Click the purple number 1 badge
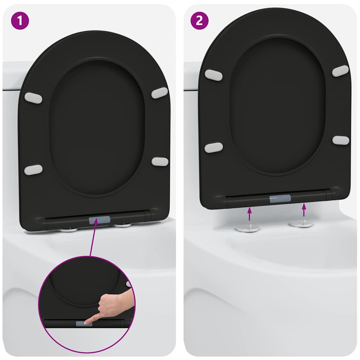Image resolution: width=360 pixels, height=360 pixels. pyautogui.click(x=20, y=20)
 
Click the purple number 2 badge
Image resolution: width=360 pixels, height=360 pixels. pyautogui.click(x=199, y=20)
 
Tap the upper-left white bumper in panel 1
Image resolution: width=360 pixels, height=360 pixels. pyautogui.click(x=33, y=98)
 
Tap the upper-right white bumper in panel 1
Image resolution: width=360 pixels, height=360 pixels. pyautogui.click(x=160, y=93)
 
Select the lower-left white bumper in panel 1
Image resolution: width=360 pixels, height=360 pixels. pyautogui.click(x=33, y=170)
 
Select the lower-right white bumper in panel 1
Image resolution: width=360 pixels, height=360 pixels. pyautogui.click(x=160, y=162)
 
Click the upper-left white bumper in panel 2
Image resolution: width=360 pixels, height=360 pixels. pyautogui.click(x=213, y=75)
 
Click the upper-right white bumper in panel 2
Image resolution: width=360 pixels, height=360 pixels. pyautogui.click(x=340, y=71)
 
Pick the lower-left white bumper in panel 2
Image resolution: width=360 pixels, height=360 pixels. pyautogui.click(x=213, y=148)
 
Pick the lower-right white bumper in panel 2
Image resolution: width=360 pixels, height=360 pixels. pyautogui.click(x=341, y=140)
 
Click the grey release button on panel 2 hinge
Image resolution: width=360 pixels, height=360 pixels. pyautogui.click(x=280, y=199)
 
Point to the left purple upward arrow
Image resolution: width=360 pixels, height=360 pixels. pyautogui.click(x=249, y=214)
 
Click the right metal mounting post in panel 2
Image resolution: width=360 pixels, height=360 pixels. pyautogui.click(x=301, y=224)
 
